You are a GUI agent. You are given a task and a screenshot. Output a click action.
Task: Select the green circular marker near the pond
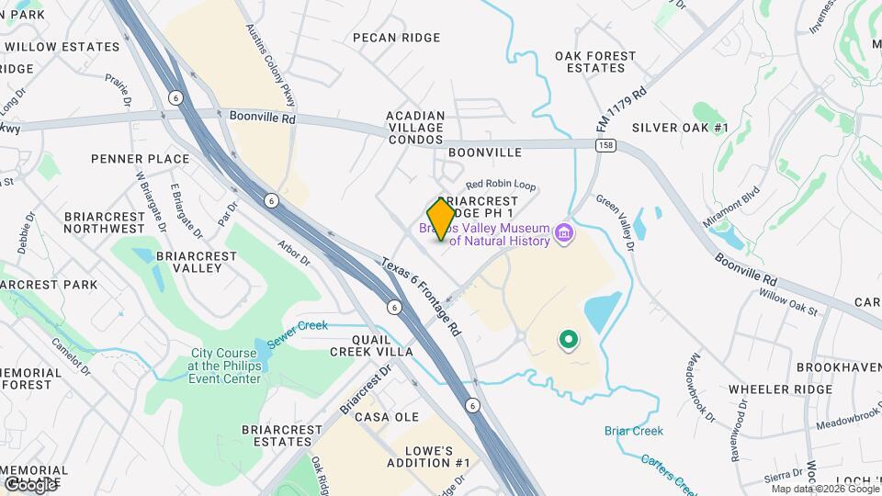click(569, 341)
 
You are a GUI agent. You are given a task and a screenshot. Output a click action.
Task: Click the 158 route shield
click(604, 145)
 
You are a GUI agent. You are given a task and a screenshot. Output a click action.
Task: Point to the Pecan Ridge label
click(397, 38)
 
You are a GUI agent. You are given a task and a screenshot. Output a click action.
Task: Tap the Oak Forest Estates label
click(595, 62)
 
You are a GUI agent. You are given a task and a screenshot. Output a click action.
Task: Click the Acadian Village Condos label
click(416, 128)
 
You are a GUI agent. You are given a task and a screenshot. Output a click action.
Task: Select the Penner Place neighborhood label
click(140, 159)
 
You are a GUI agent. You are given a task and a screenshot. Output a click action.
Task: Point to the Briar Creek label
click(634, 431)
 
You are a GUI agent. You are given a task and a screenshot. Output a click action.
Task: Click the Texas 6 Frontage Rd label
click(422, 296)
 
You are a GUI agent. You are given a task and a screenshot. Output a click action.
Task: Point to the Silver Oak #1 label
click(680, 128)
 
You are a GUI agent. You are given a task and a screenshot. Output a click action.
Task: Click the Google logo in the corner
click(29, 484)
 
